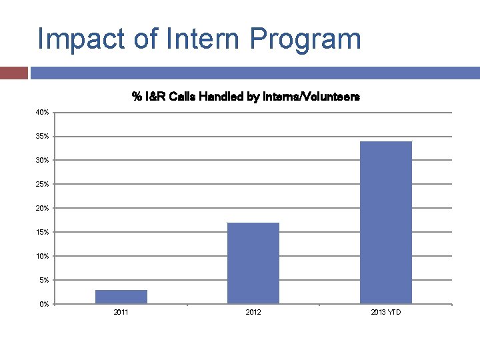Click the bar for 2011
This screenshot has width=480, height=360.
(x=121, y=297)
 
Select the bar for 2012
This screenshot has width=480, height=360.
(x=253, y=263)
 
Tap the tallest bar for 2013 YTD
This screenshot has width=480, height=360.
(x=385, y=223)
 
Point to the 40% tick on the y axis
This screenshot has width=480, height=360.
(x=42, y=112)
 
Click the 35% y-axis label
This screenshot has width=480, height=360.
(x=42, y=136)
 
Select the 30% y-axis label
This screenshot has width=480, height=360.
(x=42, y=160)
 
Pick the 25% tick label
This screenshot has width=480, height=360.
(x=42, y=184)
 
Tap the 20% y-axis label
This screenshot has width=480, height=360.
(x=42, y=208)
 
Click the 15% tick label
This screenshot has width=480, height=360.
(x=42, y=232)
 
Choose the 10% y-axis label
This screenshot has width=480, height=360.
(x=42, y=256)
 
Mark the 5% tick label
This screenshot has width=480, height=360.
(x=43, y=280)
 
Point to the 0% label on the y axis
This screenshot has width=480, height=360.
(x=43, y=304)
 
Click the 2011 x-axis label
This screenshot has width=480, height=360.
(x=121, y=312)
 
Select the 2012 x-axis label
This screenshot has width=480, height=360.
(x=253, y=312)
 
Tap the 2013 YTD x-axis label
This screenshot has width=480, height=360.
(x=386, y=312)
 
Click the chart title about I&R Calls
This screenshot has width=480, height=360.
(x=245, y=97)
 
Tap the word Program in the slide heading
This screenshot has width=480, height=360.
(x=305, y=39)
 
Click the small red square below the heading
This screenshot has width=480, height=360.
(x=13, y=73)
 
